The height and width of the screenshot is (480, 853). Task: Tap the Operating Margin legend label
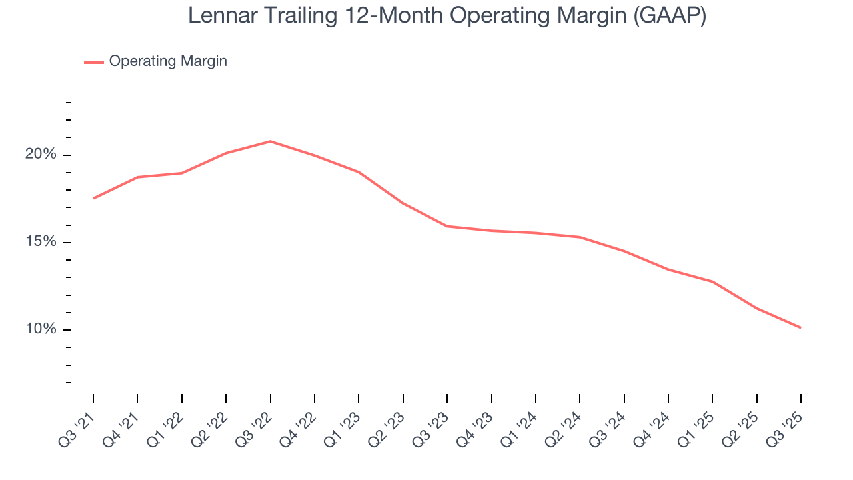coord(168,61)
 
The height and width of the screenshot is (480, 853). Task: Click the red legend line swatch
coord(94,62)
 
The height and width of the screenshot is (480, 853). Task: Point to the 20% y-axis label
coord(41,155)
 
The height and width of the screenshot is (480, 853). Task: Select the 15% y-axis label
coord(41,242)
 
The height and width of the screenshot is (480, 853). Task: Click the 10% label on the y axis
coord(41,330)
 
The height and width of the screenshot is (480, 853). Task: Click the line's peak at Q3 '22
coord(270,141)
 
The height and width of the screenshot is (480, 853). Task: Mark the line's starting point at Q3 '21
coord(93,198)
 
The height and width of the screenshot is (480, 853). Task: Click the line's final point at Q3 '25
coord(800,327)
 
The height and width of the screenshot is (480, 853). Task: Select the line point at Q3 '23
coord(447,226)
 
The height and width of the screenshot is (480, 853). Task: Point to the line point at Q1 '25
coord(712,281)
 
